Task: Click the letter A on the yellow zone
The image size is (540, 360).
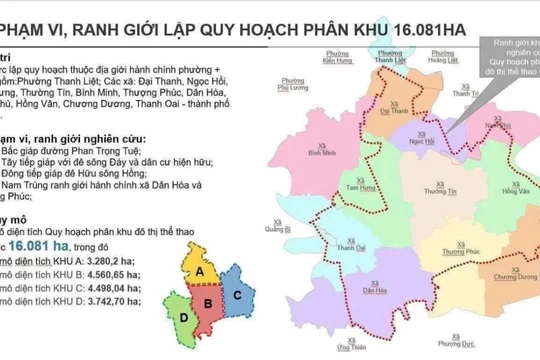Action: click(200, 270)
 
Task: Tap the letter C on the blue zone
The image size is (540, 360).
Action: click(236, 294)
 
